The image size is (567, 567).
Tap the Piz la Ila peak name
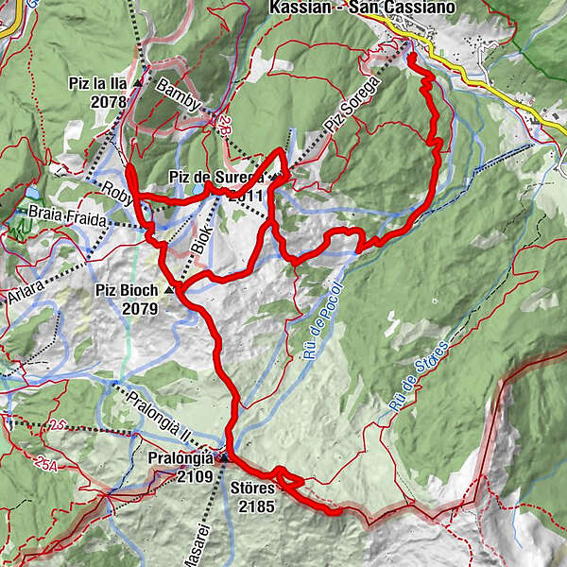point(98,83)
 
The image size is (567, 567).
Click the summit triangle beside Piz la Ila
point(138,83)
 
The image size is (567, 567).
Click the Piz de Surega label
point(216,177)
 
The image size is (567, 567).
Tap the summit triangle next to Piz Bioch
point(171,290)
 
